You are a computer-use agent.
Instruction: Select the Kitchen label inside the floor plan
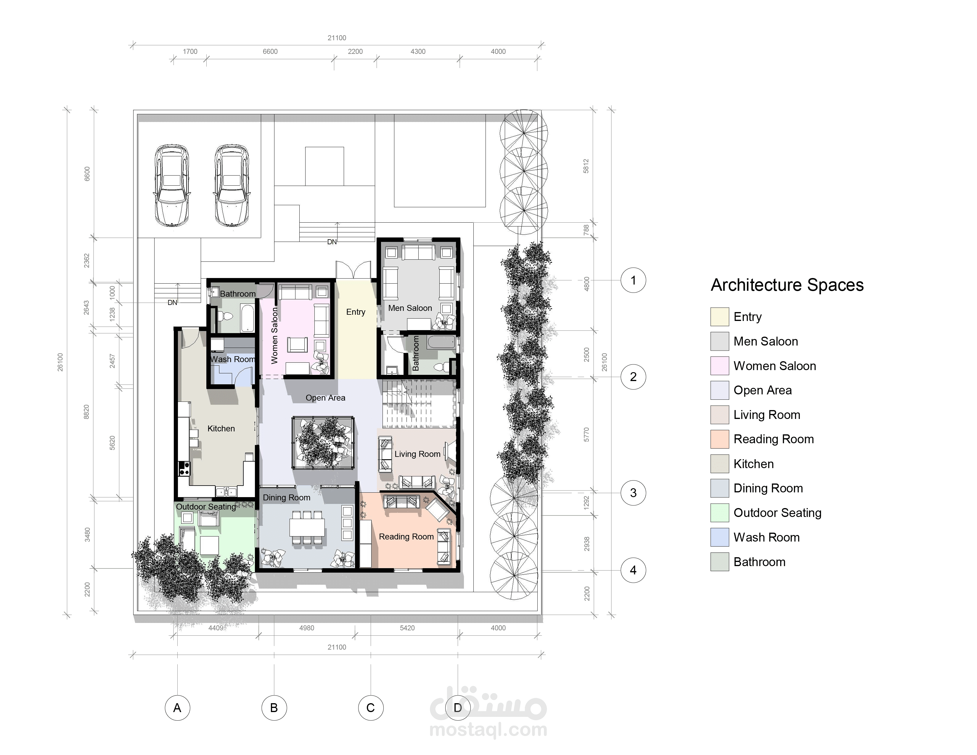click(221, 428)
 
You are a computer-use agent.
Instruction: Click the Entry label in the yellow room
click(356, 312)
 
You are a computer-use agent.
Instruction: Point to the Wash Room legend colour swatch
click(719, 537)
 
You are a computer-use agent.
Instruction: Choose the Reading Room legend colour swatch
click(719, 439)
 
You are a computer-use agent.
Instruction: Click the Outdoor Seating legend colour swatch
click(719, 513)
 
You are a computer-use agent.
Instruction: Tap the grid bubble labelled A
click(177, 708)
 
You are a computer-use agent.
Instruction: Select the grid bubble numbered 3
click(633, 493)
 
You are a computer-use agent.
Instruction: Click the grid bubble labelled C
click(370, 708)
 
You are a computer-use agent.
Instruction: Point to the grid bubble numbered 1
click(633, 280)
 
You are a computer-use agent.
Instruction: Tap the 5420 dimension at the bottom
click(407, 628)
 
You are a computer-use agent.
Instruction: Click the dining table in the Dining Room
click(307, 527)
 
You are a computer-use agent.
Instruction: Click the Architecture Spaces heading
click(787, 285)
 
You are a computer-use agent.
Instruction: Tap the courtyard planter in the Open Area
click(323, 442)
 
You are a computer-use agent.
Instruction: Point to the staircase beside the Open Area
click(419, 404)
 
